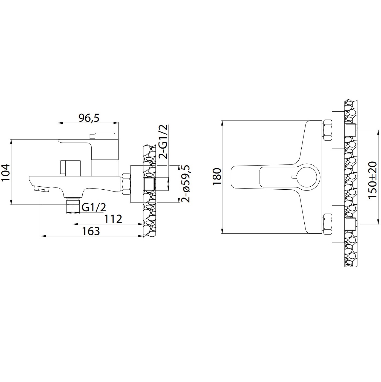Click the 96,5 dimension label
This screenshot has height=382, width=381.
click(89, 118)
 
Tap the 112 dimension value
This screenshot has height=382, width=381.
click(113, 219)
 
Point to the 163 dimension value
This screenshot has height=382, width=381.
click(91, 231)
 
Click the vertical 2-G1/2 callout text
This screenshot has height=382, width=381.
click(163, 141)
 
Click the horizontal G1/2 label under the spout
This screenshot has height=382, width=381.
click(94, 207)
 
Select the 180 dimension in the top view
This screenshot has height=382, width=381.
click(217, 176)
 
